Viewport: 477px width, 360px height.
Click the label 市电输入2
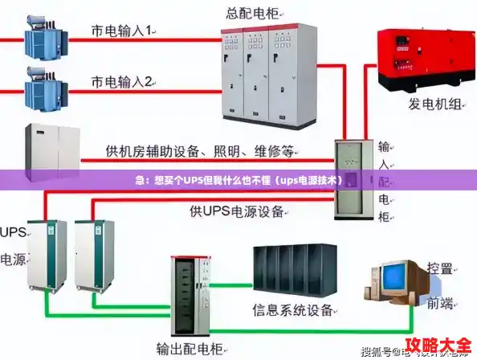(124, 81)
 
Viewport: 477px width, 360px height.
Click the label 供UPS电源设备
(237, 211)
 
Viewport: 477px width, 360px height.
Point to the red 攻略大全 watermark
(437, 346)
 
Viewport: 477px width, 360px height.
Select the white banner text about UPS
(238, 181)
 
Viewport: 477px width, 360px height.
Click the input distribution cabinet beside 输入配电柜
(354, 179)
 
